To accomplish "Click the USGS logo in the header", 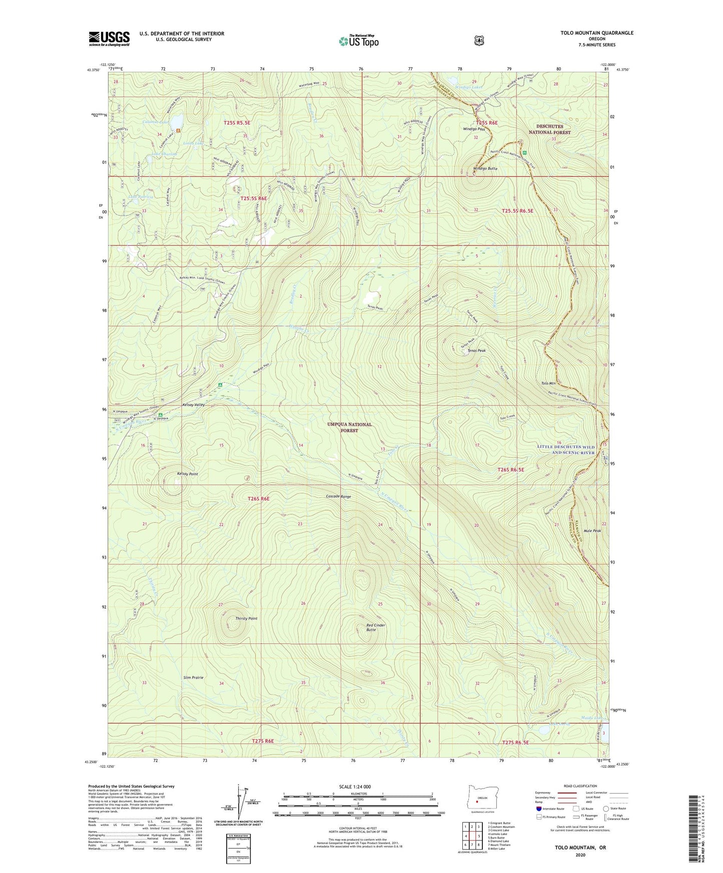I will coord(109,38).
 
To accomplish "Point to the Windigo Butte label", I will coord(485,169).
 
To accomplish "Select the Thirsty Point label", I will coord(246,618).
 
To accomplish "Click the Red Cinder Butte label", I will coord(376,627).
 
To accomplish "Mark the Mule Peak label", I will coord(590,531).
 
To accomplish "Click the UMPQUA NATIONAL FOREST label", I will coord(349,427).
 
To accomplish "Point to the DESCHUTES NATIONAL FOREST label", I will coord(550,129).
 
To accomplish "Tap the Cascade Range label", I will coord(338,497).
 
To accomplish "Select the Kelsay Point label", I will coord(187,473).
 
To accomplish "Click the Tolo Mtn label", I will coord(548,383).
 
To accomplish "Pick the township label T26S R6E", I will coord(259,498).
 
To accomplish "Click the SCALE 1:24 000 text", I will coord(355,786).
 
